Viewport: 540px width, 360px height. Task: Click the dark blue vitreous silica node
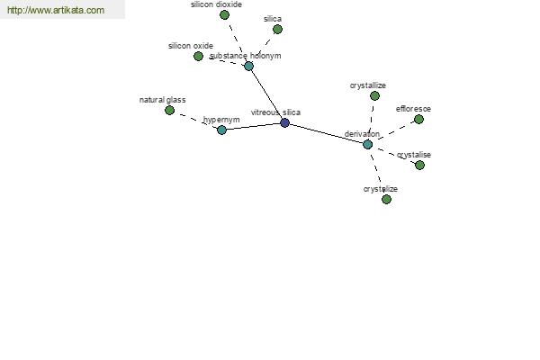tap(284, 122)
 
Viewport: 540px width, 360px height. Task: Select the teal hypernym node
tap(221, 130)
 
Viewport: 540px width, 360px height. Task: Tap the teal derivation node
tap(368, 144)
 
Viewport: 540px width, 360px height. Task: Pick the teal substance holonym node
tap(248, 66)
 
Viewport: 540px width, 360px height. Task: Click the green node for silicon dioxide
tap(224, 14)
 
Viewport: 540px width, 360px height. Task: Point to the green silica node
tap(277, 30)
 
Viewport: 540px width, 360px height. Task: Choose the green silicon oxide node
tap(198, 56)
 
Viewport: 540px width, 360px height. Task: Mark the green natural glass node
tap(169, 110)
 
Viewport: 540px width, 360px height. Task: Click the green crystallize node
tap(374, 95)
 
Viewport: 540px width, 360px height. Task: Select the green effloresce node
tap(418, 119)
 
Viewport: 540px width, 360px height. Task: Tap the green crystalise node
tap(419, 166)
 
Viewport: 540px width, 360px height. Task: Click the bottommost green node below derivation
tap(386, 199)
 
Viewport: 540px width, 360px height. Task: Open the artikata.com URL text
tap(56, 10)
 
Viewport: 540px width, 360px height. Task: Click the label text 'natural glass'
tap(163, 100)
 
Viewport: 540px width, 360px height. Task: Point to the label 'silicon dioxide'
tap(216, 4)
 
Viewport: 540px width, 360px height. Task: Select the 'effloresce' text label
tap(413, 109)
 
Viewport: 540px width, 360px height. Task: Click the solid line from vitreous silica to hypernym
tap(253, 126)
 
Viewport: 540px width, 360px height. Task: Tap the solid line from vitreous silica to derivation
tap(326, 134)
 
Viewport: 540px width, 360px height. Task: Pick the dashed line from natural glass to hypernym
tap(195, 120)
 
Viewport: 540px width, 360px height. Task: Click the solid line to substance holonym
tap(266, 94)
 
